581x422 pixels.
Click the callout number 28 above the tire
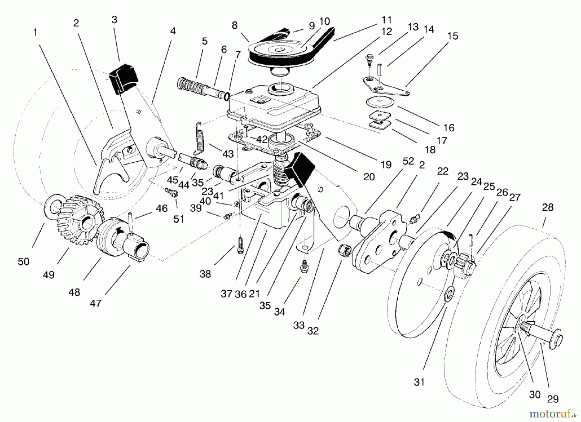click(x=548, y=207)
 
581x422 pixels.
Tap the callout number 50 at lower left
click(x=24, y=261)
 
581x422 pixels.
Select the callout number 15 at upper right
click(x=453, y=36)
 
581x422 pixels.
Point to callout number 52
click(x=408, y=161)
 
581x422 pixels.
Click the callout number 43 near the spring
click(x=228, y=154)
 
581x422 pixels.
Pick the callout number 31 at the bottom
click(x=419, y=382)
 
